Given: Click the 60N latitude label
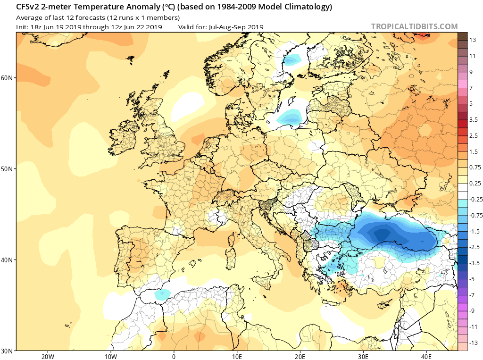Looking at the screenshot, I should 8,78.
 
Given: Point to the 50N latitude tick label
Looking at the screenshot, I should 8,169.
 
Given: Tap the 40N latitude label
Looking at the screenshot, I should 8,260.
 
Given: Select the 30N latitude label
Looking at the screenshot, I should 8,351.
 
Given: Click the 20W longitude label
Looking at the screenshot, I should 48,356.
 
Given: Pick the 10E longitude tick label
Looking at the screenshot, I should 237,356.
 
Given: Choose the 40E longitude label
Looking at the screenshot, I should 426,356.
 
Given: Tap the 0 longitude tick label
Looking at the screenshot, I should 174,356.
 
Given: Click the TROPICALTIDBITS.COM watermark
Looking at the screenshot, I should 414,27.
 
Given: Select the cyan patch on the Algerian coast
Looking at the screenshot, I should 162,294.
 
